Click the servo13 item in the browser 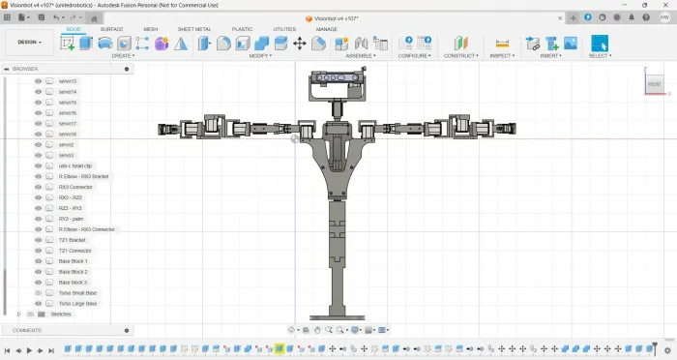pyautogui.click(x=68, y=81)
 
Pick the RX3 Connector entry pyautogui.click(x=75, y=187)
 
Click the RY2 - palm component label pyautogui.click(x=71, y=219)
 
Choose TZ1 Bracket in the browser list pyautogui.click(x=73, y=240)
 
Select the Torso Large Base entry pyautogui.click(x=78, y=303)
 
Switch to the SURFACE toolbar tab pyautogui.click(x=111, y=29)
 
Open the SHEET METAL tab pyautogui.click(x=194, y=29)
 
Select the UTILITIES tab pyautogui.click(x=284, y=29)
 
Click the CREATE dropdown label pyautogui.click(x=123, y=56)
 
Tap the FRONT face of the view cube pyautogui.click(x=655, y=85)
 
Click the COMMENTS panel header pyautogui.click(x=28, y=330)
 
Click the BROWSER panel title pyautogui.click(x=28, y=70)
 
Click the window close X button pyautogui.click(x=664, y=5)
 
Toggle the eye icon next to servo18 pyautogui.click(x=39, y=135)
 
